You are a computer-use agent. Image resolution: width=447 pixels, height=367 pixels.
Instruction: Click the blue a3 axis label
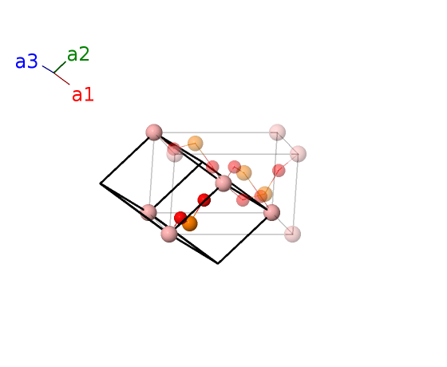26,61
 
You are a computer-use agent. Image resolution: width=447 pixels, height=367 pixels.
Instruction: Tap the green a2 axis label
78,54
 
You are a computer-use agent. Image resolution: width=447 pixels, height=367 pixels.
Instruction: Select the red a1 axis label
83,95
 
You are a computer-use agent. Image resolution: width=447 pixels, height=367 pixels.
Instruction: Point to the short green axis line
60,67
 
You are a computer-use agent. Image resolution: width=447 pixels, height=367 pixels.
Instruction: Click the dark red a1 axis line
62,79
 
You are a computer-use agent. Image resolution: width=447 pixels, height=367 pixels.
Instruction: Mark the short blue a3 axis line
48,69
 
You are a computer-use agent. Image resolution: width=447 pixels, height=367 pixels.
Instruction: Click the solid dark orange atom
190,223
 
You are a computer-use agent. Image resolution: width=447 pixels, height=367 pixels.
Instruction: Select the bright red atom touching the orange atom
180,218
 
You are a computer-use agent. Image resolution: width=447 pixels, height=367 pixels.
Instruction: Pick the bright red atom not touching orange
204,200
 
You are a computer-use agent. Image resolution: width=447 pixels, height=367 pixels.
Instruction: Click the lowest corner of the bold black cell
218,263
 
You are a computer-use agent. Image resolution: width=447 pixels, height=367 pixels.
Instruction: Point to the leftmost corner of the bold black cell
101,183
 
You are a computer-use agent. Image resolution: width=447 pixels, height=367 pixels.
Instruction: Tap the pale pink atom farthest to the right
299,154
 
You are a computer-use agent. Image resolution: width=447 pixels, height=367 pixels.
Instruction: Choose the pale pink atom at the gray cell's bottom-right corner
292,234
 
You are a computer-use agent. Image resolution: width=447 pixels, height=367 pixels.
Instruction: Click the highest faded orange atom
196,144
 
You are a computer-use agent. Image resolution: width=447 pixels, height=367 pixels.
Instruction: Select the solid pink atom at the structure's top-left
154,132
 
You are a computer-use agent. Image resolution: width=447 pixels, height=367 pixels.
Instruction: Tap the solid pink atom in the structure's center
223,183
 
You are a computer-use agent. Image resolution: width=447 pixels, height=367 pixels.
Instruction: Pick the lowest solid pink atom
169,234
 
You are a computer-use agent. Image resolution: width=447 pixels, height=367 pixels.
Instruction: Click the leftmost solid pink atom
148,212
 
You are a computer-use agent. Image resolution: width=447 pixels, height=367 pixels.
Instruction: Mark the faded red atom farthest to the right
279,171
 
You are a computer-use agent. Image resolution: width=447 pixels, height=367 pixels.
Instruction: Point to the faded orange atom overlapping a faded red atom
264,194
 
